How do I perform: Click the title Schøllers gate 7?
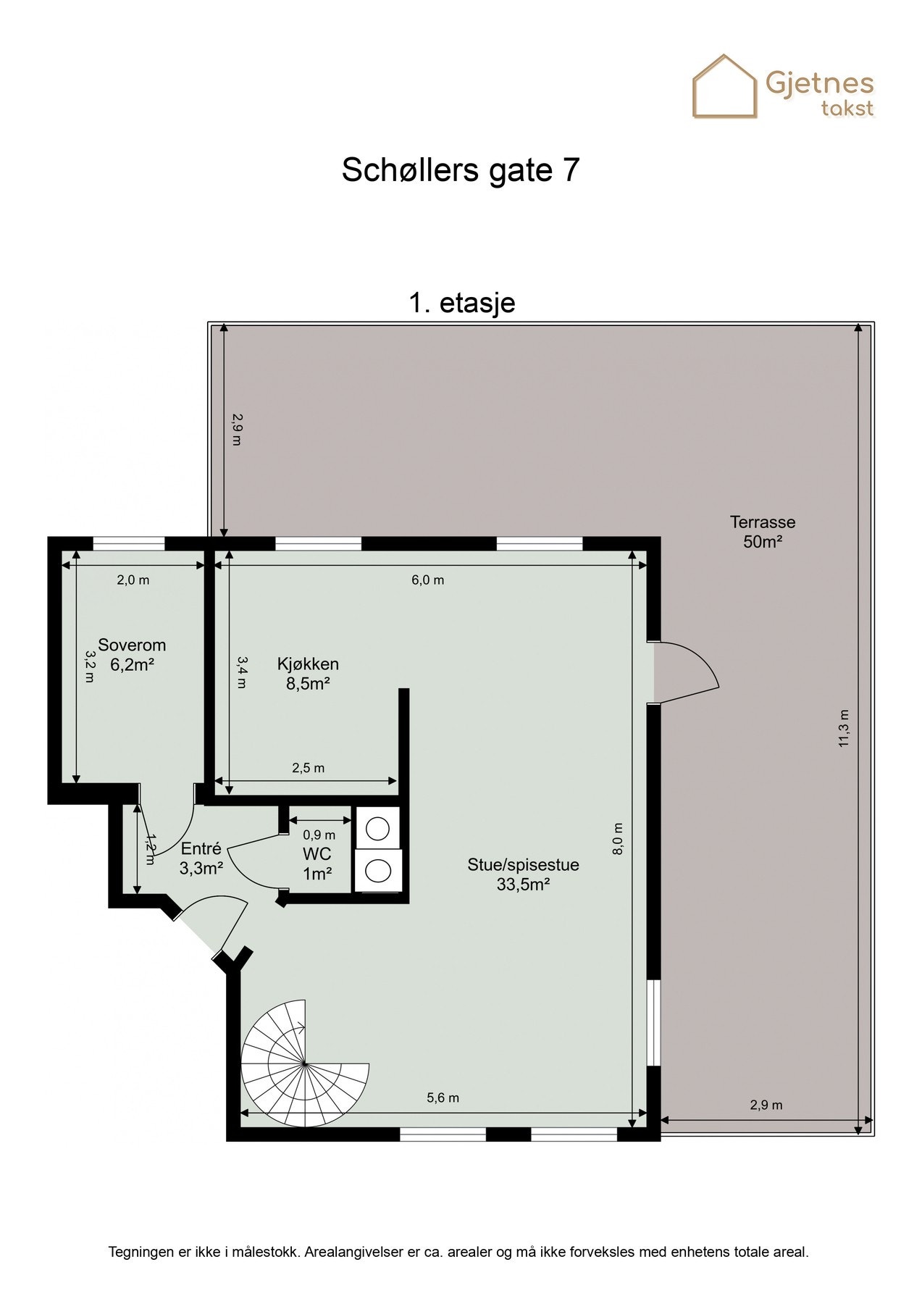click(461, 170)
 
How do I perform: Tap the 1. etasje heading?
click(461, 302)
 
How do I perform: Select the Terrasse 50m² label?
click(762, 531)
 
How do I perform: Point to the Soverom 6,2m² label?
click(132, 654)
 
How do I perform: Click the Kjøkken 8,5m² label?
click(308, 673)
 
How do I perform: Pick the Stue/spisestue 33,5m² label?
click(523, 874)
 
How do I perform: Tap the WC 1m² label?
click(317, 864)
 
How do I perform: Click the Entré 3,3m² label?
click(201, 858)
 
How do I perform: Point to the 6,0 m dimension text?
click(427, 580)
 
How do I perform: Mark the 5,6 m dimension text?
click(443, 1098)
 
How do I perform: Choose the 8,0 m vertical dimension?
click(618, 839)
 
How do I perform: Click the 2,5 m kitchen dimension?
click(308, 768)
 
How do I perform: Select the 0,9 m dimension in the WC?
click(319, 835)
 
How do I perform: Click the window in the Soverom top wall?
click(129, 544)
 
